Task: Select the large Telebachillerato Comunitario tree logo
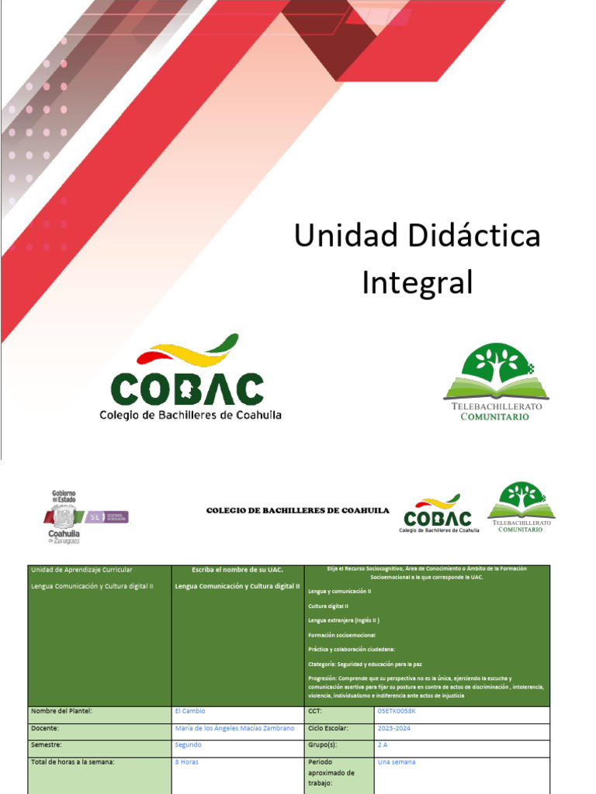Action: [496, 383]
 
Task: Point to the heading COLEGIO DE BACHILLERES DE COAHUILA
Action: [297, 510]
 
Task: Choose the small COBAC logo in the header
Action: [439, 513]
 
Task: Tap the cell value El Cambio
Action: [191, 711]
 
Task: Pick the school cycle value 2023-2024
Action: [396, 728]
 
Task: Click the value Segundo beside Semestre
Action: [189, 744]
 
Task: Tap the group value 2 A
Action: [383, 744]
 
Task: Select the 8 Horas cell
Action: [187, 762]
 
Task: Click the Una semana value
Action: [396, 762]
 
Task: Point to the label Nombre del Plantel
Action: [61, 711]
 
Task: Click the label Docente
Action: [45, 728]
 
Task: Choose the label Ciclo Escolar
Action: [328, 728]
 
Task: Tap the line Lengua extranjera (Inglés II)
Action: [343, 620]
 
